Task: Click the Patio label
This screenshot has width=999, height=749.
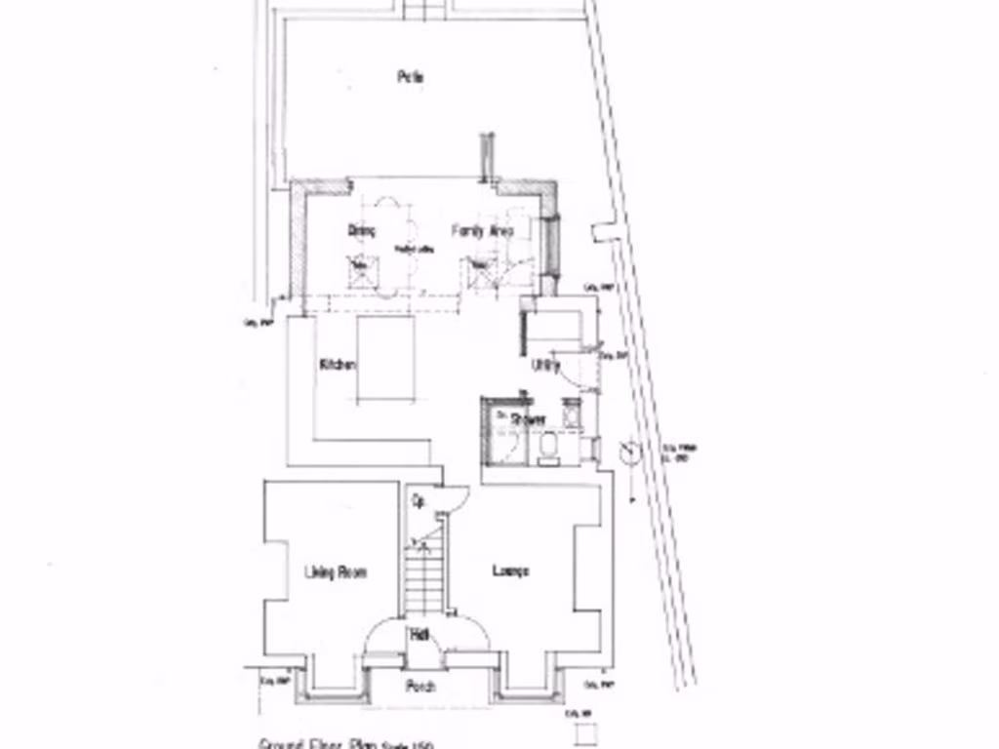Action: pos(410,77)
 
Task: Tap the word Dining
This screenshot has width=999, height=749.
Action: pos(362,231)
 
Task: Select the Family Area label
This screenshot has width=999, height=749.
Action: pos(482,231)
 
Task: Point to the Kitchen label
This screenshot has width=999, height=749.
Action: pos(338,365)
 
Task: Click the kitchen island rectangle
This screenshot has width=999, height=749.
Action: pos(385,358)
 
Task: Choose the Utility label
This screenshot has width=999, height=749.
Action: pos(546,366)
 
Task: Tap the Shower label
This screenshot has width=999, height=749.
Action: pos(527,419)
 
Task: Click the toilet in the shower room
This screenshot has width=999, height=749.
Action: pos(548,448)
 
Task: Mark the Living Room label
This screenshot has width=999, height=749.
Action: pos(335,572)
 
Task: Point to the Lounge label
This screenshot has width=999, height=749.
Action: pos(510,571)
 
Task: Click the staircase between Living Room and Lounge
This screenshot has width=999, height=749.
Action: pos(424,575)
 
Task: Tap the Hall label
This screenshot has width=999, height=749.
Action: pos(420,635)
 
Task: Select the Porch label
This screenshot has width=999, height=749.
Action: pos(420,687)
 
